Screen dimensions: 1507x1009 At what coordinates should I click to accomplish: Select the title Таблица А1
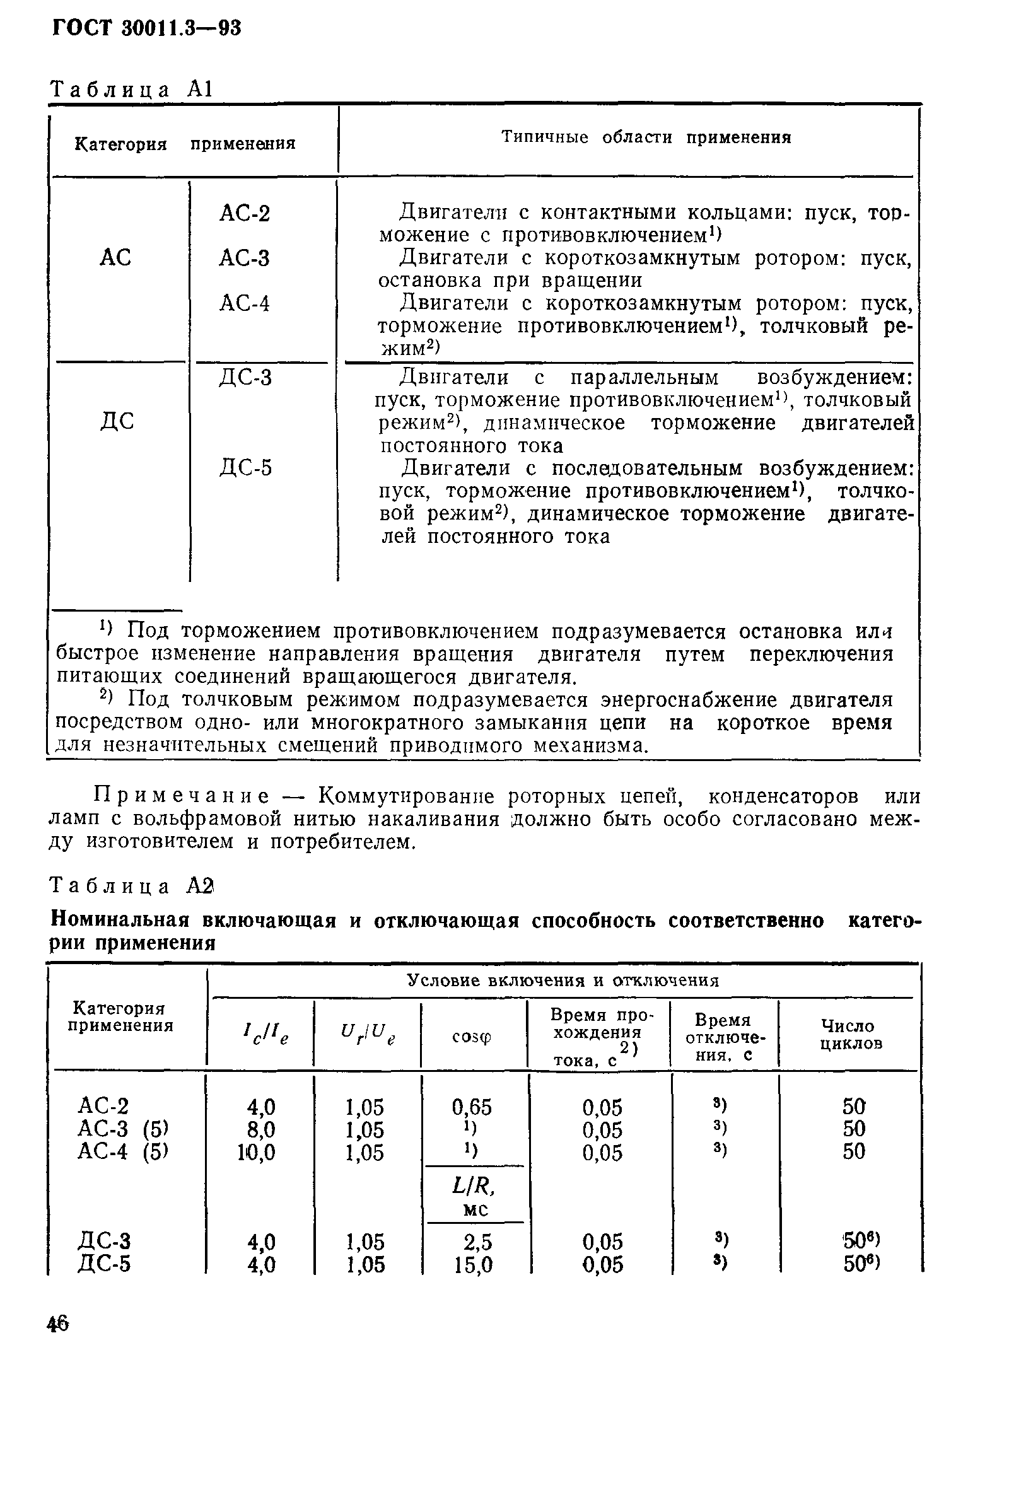pos(131,89)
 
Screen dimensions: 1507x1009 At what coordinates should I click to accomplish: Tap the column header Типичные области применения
pos(645,137)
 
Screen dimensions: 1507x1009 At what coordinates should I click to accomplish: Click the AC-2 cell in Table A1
pos(245,213)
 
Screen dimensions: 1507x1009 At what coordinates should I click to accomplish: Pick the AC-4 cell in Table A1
pos(245,303)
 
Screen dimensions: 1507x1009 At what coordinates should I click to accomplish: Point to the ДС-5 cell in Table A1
pos(245,467)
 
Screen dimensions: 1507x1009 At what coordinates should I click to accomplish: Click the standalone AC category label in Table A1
pos(116,258)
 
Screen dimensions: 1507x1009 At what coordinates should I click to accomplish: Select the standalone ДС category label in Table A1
pos(117,421)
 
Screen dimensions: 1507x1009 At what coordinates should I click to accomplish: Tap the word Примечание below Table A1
pos(182,796)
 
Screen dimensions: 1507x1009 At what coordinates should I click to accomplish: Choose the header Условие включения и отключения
pos(563,980)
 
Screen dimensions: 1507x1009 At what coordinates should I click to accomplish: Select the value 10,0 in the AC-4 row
pos(256,1152)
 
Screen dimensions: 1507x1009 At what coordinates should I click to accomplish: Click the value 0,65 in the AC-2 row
pos(472,1107)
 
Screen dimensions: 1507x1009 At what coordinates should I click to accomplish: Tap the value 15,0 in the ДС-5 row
pos(473,1265)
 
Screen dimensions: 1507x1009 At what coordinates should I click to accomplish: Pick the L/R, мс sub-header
pos(474,1194)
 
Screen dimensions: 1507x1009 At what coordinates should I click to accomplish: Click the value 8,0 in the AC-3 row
pos(260,1129)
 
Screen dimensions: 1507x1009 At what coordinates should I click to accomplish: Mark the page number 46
pos(58,1324)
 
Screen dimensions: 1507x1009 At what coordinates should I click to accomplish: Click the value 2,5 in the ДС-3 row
pos(477,1242)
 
